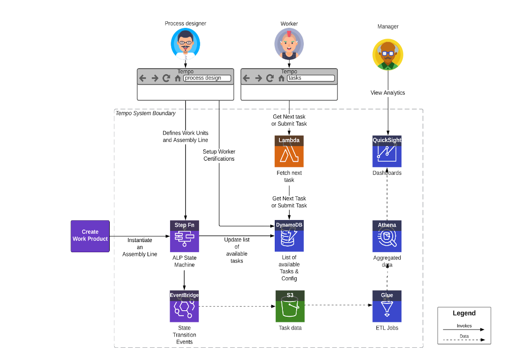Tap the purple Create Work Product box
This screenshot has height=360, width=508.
pos(90,236)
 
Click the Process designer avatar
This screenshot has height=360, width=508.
pos(185,43)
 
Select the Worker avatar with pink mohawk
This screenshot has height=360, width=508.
pos(289,43)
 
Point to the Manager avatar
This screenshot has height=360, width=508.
pos(388,54)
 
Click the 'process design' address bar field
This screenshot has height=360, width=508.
pos(207,78)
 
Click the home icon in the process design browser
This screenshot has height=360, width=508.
pos(177,78)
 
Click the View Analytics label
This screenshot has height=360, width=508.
pos(388,93)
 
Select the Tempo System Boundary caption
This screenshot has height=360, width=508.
pos(145,113)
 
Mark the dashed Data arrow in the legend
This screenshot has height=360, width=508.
pos(464,340)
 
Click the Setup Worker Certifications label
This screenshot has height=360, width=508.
pos(219,155)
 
